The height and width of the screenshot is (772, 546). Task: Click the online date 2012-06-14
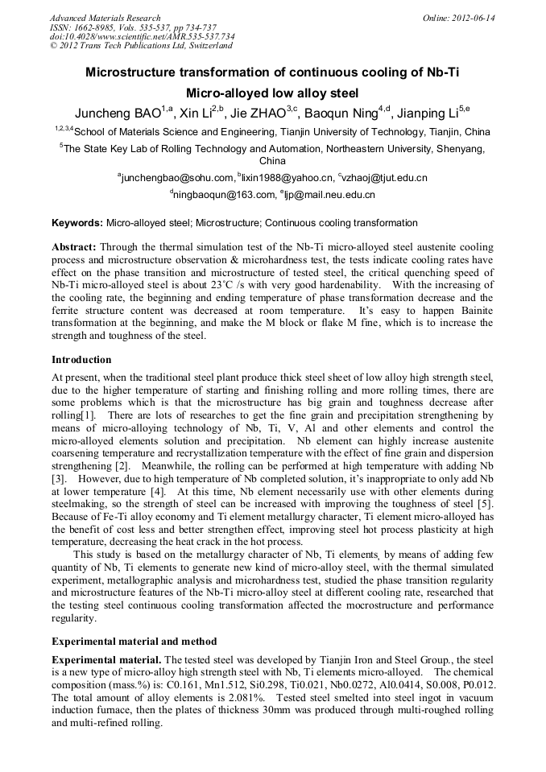click(465, 17)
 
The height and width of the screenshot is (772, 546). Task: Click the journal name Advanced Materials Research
click(105, 17)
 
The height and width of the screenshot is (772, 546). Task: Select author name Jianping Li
click(430, 113)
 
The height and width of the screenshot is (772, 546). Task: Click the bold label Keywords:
click(77, 222)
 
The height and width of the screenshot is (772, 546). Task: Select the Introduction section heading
click(81, 359)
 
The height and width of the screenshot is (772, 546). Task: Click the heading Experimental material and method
click(134, 642)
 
